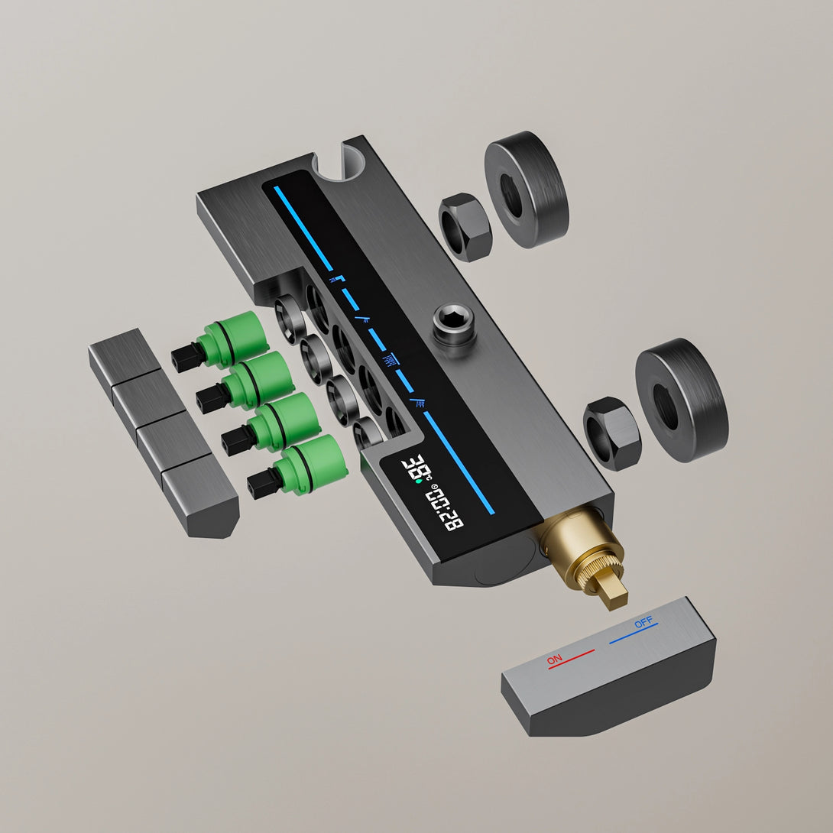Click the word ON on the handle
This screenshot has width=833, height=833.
pos(554,660)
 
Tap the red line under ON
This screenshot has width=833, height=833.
pos(571,659)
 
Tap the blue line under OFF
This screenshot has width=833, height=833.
pos(634,634)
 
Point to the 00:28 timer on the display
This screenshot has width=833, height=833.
pos(445,508)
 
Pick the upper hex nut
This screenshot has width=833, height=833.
pos(465,227)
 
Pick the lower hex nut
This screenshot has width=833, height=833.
pos(612,433)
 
